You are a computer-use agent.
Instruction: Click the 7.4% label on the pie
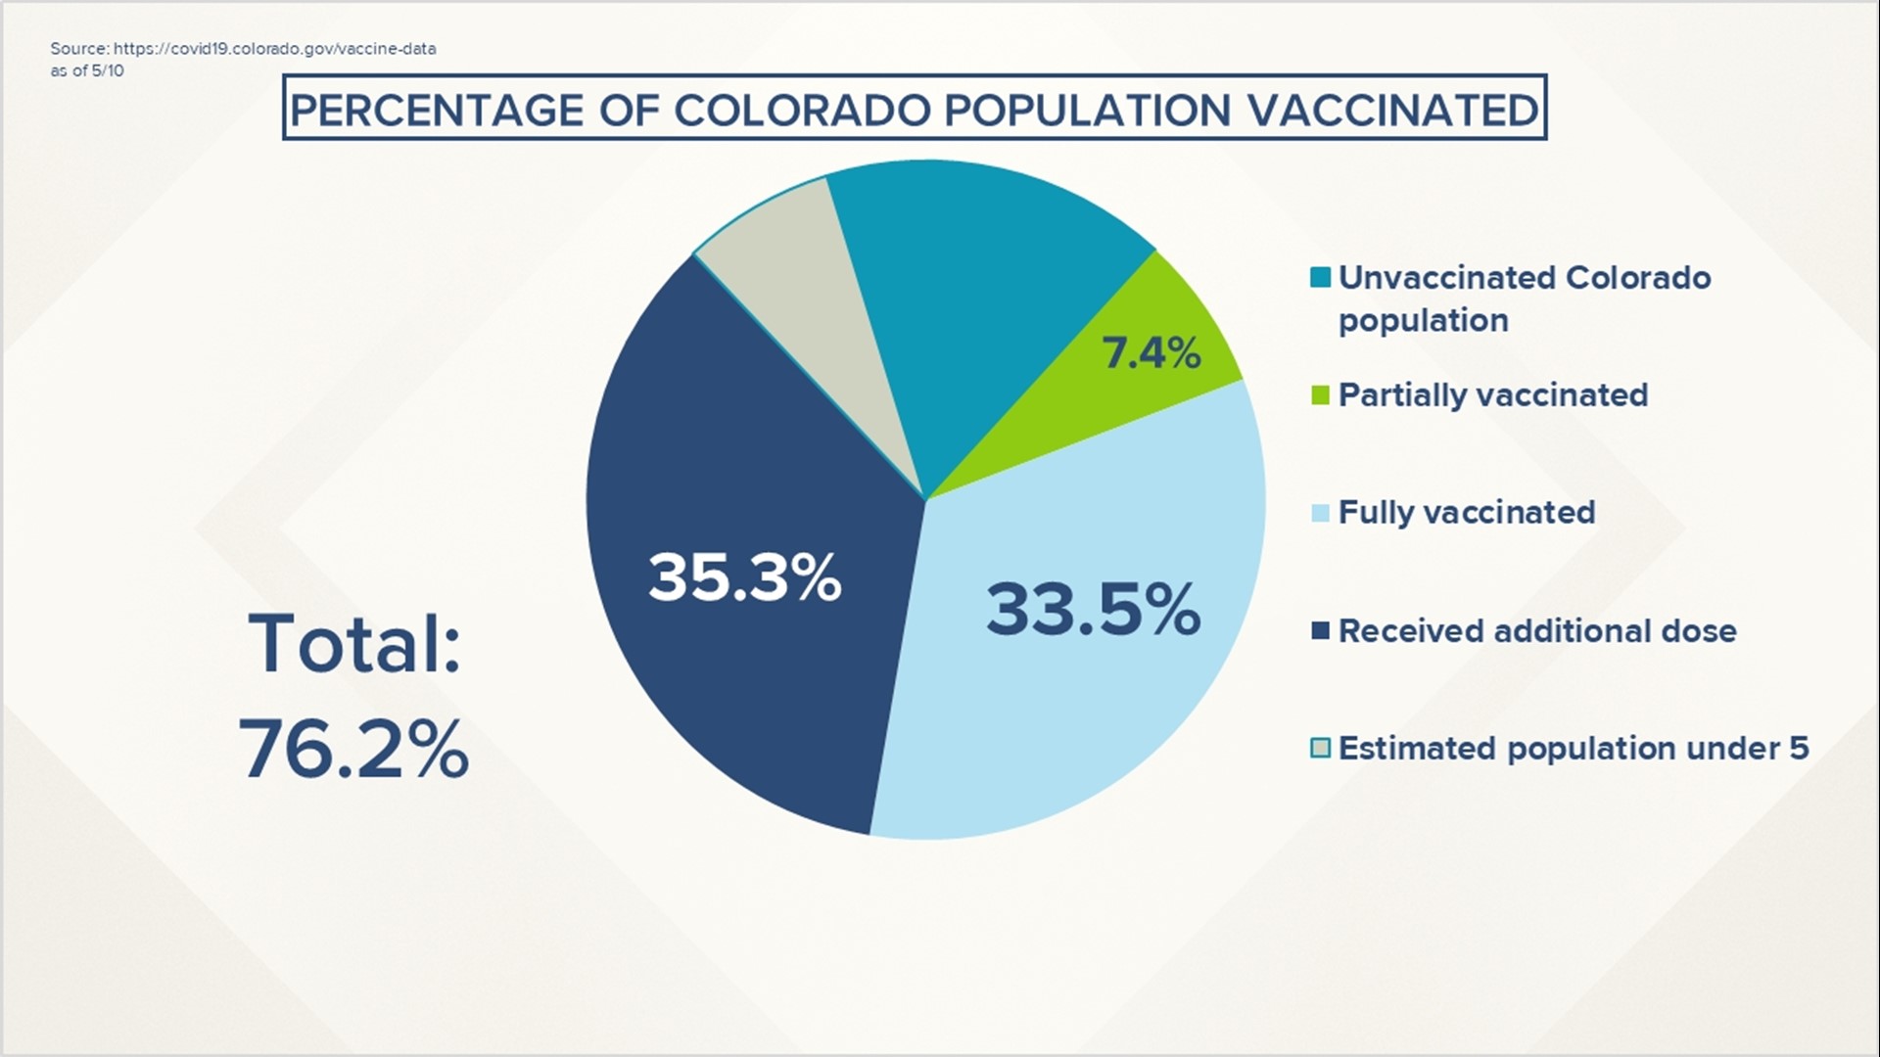click(1151, 352)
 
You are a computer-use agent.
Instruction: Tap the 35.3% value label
click(744, 576)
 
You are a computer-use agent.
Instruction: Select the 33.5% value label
click(1093, 609)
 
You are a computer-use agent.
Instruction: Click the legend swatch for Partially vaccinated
click(1320, 395)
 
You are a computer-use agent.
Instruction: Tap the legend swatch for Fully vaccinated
click(1320, 513)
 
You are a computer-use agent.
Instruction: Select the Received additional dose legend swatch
click(1320, 631)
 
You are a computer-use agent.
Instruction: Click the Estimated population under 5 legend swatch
click(1320, 749)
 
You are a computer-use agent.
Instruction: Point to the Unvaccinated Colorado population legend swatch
click(1320, 278)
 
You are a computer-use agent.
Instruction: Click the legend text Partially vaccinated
click(1493, 395)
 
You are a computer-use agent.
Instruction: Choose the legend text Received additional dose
click(1537, 631)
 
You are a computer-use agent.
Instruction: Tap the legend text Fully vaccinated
click(1467, 513)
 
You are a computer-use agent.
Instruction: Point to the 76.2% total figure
click(353, 749)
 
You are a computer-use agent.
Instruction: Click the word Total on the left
click(354, 644)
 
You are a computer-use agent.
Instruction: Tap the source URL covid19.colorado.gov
click(275, 49)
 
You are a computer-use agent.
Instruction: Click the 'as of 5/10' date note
click(87, 70)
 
